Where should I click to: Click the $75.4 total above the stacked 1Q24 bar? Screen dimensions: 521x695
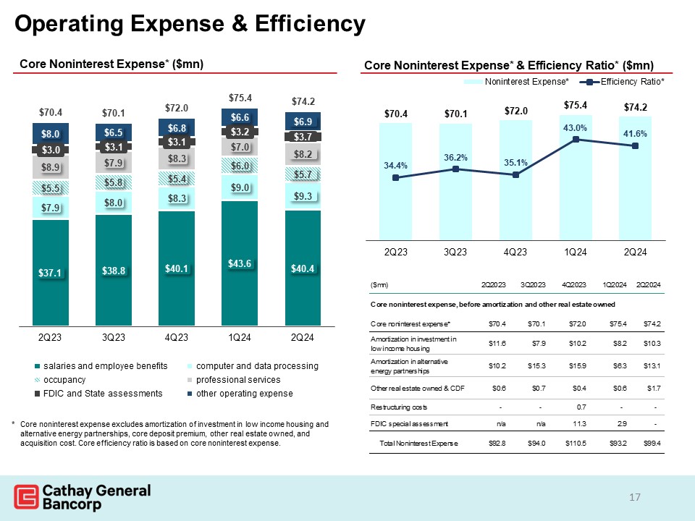click(x=240, y=97)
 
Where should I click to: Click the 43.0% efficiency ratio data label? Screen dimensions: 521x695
click(x=575, y=127)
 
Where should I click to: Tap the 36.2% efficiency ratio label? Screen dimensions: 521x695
click(x=455, y=157)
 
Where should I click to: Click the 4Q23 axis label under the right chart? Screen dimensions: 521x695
click(x=515, y=252)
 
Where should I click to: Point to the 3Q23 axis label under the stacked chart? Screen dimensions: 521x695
click(x=114, y=337)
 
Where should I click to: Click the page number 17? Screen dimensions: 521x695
click(x=635, y=497)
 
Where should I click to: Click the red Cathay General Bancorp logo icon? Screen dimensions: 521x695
click(x=25, y=498)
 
